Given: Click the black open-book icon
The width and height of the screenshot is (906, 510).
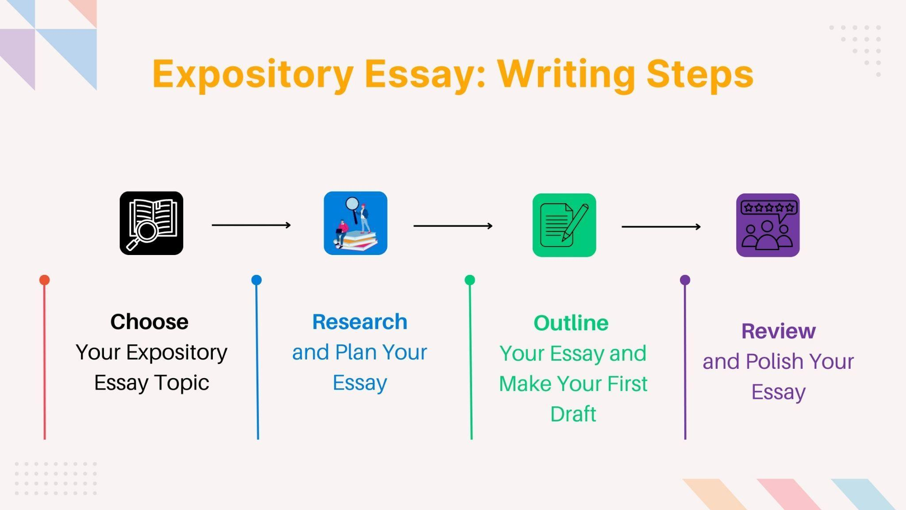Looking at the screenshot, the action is (151, 223).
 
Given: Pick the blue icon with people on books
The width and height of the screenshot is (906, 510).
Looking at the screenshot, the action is (355, 223).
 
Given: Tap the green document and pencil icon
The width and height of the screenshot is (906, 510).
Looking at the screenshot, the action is (564, 225).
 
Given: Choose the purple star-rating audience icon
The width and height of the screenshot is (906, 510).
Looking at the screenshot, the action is (768, 225).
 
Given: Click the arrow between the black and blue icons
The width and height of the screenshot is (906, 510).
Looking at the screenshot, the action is (251, 225).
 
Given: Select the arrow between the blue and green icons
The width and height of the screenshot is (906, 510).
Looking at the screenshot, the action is (453, 226).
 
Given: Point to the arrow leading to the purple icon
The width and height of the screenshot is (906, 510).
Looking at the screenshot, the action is (661, 227).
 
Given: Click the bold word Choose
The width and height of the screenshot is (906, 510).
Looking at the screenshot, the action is (150, 322).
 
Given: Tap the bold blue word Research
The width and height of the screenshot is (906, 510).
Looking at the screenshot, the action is (360, 322).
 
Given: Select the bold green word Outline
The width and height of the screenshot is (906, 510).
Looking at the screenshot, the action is (571, 323).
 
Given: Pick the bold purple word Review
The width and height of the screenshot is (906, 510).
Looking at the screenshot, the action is (779, 331).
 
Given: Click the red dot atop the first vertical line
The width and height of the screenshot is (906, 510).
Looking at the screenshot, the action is (44, 280).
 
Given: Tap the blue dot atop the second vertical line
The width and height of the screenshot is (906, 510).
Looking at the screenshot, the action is (257, 280).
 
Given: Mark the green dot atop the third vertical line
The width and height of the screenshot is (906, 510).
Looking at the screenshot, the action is (470, 280).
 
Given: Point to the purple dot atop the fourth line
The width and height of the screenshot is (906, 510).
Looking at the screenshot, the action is (685, 280).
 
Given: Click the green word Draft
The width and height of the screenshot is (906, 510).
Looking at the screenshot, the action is (573, 414).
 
